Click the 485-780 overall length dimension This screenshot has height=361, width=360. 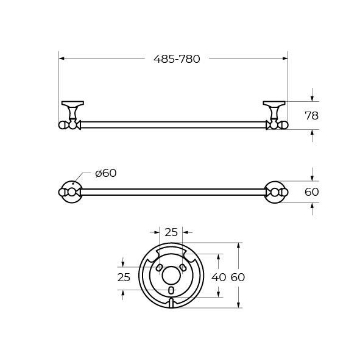tap(177, 59)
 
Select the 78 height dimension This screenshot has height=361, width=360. tap(312, 116)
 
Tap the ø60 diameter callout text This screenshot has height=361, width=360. tap(106, 173)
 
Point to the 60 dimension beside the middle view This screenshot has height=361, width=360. tap(312, 191)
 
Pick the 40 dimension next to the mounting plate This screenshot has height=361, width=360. tap(219, 277)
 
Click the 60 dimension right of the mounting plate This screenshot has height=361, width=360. tap(238, 277)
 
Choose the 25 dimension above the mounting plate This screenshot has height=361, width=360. tap(171, 232)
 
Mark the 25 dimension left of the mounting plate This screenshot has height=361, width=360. tap(124, 277)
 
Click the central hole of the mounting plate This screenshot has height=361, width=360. tap(171, 276)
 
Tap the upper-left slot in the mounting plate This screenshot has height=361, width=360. tap(159, 268)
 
